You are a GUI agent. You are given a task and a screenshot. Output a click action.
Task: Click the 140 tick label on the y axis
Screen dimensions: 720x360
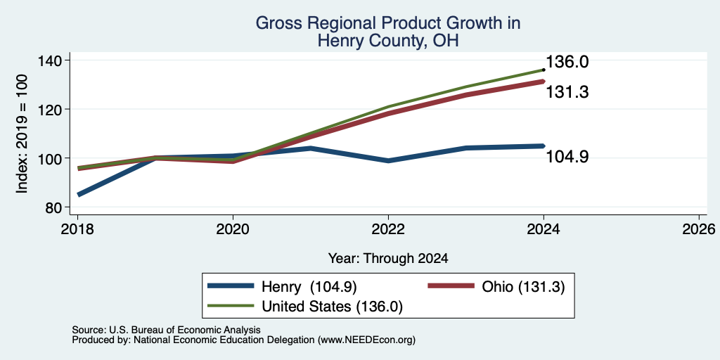pyautogui.click(x=55, y=60)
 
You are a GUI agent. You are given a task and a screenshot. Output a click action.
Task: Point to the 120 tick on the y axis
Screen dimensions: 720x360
pyautogui.click(x=55, y=109)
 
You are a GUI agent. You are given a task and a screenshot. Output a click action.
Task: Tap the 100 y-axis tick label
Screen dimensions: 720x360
pyautogui.click(x=55, y=158)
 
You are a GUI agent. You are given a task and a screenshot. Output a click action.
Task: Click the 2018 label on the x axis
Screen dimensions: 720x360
pyautogui.click(x=78, y=229)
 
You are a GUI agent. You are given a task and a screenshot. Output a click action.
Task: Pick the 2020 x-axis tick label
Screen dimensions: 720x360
pyautogui.click(x=233, y=229)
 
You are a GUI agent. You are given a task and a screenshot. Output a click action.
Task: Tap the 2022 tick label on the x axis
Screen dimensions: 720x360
pyautogui.click(x=388, y=229)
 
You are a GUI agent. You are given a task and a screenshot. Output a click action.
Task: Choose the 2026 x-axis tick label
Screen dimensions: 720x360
pyautogui.click(x=699, y=229)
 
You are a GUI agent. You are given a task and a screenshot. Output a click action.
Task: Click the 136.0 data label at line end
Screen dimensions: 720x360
pyautogui.click(x=567, y=62)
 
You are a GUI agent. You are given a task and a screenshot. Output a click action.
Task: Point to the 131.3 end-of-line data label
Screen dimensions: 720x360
pyautogui.click(x=567, y=92)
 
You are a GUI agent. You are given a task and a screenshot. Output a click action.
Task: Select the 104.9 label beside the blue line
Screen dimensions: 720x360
pyautogui.click(x=567, y=157)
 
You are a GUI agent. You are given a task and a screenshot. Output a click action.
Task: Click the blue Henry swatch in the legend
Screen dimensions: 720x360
pyautogui.click(x=231, y=286)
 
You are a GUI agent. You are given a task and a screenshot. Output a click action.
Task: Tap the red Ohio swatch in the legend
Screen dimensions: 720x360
pyautogui.click(x=451, y=286)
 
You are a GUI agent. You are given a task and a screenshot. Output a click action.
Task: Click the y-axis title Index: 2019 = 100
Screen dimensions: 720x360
pyautogui.click(x=22, y=134)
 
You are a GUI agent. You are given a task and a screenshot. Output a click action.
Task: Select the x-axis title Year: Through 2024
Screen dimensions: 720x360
pyautogui.click(x=388, y=259)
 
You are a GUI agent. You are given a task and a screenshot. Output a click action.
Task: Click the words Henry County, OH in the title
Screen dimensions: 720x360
pyautogui.click(x=388, y=41)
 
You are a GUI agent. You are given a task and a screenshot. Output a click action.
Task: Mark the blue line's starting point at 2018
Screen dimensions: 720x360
pyautogui.click(x=79, y=195)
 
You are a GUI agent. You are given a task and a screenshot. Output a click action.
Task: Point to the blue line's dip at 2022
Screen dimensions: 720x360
pyautogui.click(x=388, y=161)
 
